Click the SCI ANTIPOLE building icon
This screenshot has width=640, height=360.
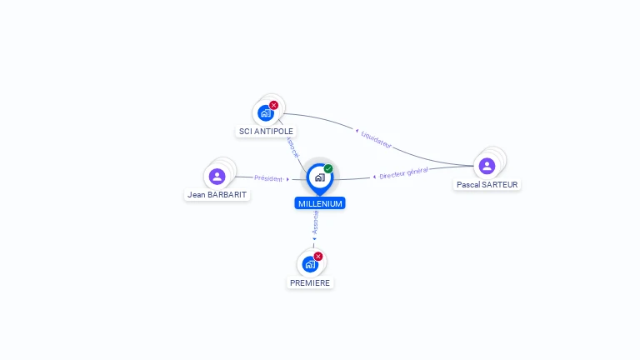tap(266, 113)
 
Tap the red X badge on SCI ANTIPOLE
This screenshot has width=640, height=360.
tap(274, 105)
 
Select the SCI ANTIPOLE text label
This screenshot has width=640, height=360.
tap(267, 131)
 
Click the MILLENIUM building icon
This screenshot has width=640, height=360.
tap(319, 177)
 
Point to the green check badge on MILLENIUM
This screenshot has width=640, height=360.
tap(328, 168)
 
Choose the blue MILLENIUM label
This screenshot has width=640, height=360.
tap(319, 203)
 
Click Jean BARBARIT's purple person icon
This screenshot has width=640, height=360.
tap(217, 176)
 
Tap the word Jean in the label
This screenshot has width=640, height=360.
tap(197, 195)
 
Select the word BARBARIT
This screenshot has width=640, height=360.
tap(227, 195)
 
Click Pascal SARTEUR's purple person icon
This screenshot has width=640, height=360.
tap(487, 166)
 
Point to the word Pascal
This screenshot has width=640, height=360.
tap(468, 185)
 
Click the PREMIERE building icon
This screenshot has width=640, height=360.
tap(310, 264)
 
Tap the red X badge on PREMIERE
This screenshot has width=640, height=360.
tap(318, 256)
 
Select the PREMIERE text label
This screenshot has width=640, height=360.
tap(310, 282)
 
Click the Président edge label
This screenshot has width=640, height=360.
tap(269, 178)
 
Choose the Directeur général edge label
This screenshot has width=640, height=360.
tap(403, 173)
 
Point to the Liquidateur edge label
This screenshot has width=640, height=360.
tap(376, 138)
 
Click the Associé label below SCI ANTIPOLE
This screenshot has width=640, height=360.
tap(292, 147)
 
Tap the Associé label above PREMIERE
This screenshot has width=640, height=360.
tap(315, 222)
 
